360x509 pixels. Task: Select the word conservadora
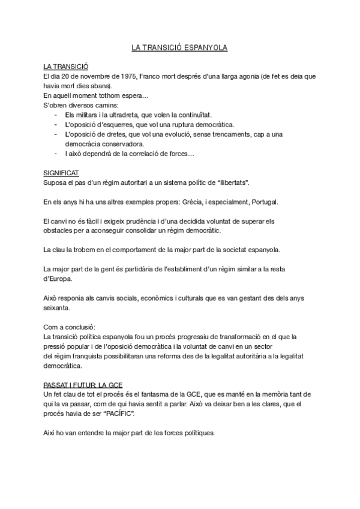click(x=121, y=144)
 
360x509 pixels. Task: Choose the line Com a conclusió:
click(x=70, y=328)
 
